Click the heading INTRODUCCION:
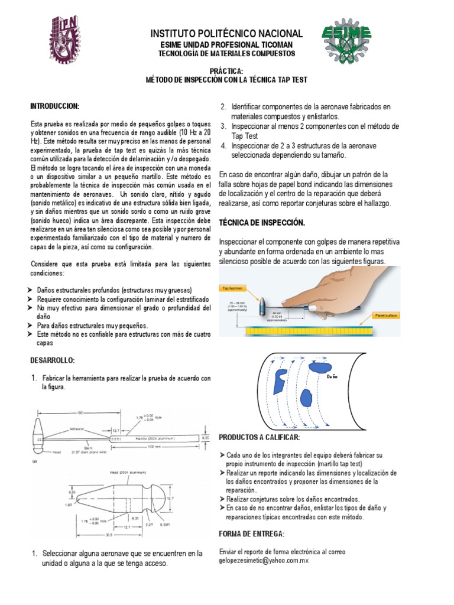[x=55, y=106]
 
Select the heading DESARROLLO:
[x=53, y=360]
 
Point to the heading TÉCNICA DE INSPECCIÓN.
[x=262, y=223]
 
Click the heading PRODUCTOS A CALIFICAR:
[x=260, y=437]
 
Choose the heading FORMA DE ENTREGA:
[x=251, y=534]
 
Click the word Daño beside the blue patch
[x=332, y=376]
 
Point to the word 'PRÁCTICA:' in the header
[x=227, y=70]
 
